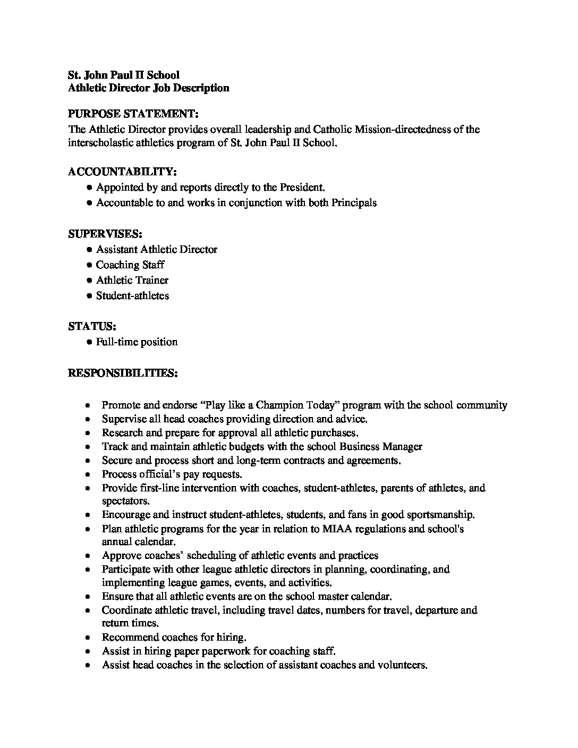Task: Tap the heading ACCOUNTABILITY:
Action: (122, 172)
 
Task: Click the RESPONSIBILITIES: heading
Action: (123, 373)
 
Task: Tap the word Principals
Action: (354, 202)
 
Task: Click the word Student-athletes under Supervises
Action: (132, 295)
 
